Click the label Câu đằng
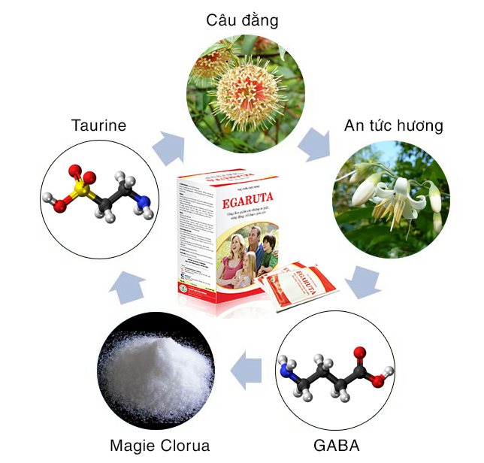click(x=242, y=20)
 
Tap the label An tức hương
click(x=393, y=126)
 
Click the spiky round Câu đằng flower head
click(x=242, y=92)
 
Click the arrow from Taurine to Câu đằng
click(x=168, y=147)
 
